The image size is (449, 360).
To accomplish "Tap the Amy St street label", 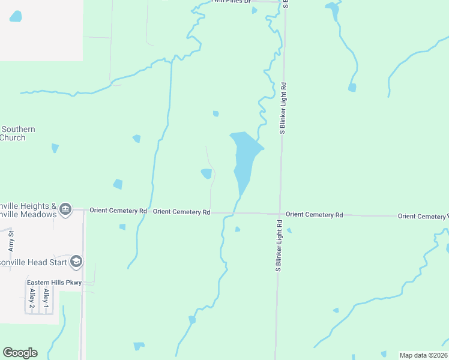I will click(x=11, y=240).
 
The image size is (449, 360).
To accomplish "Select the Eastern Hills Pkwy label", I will click(x=53, y=283).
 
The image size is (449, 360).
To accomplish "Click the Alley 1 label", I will click(x=46, y=298).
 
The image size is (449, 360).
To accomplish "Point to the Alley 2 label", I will click(x=32, y=298).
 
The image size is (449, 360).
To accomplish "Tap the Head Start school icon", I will click(x=76, y=262).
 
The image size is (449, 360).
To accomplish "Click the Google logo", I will click(x=20, y=353).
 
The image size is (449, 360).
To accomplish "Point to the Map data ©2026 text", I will click(x=423, y=355).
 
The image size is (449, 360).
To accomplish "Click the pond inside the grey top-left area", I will click(x=16, y=16).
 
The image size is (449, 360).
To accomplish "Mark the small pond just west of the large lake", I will click(x=206, y=173).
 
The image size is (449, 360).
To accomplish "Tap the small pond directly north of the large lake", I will click(x=215, y=113).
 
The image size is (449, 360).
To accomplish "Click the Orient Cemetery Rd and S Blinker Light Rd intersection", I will click(x=280, y=214).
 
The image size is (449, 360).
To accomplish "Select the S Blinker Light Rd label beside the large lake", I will click(x=282, y=108).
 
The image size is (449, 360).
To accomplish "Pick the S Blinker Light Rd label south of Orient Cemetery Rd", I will click(x=279, y=246).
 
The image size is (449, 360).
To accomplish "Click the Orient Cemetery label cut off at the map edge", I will click(x=422, y=216).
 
